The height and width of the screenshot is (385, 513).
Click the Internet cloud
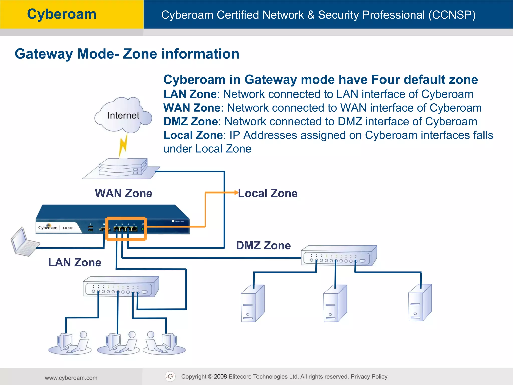123,115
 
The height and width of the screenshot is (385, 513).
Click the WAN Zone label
123,193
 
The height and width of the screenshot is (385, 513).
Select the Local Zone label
268,193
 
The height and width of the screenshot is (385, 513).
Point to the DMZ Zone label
263,245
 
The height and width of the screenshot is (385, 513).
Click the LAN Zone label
75,262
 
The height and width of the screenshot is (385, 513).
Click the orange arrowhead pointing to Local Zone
236,192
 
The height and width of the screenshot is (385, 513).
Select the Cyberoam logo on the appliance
48,227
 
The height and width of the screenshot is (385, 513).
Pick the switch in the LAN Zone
121,287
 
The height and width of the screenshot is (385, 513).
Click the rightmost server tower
420,303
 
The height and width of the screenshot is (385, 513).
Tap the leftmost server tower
252,304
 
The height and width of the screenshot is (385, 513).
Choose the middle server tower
335,304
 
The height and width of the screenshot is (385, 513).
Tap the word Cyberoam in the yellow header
62,14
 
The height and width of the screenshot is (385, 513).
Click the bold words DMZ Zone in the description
190,122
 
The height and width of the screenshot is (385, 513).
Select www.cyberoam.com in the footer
71,378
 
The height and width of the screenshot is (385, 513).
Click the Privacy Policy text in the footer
369,377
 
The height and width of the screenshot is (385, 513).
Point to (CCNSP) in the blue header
452,15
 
